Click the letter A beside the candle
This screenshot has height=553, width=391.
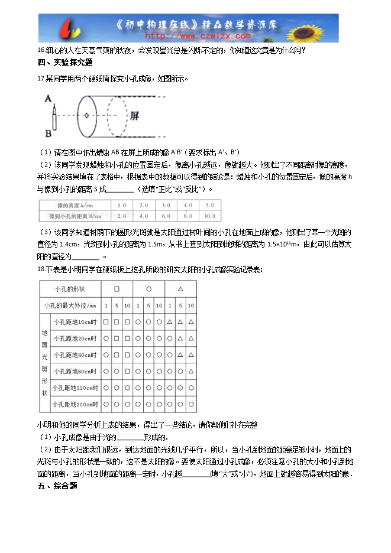(47, 99)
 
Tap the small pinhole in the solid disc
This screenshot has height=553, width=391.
(87, 115)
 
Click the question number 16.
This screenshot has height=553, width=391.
(41, 50)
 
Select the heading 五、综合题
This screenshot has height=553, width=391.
(57, 486)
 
